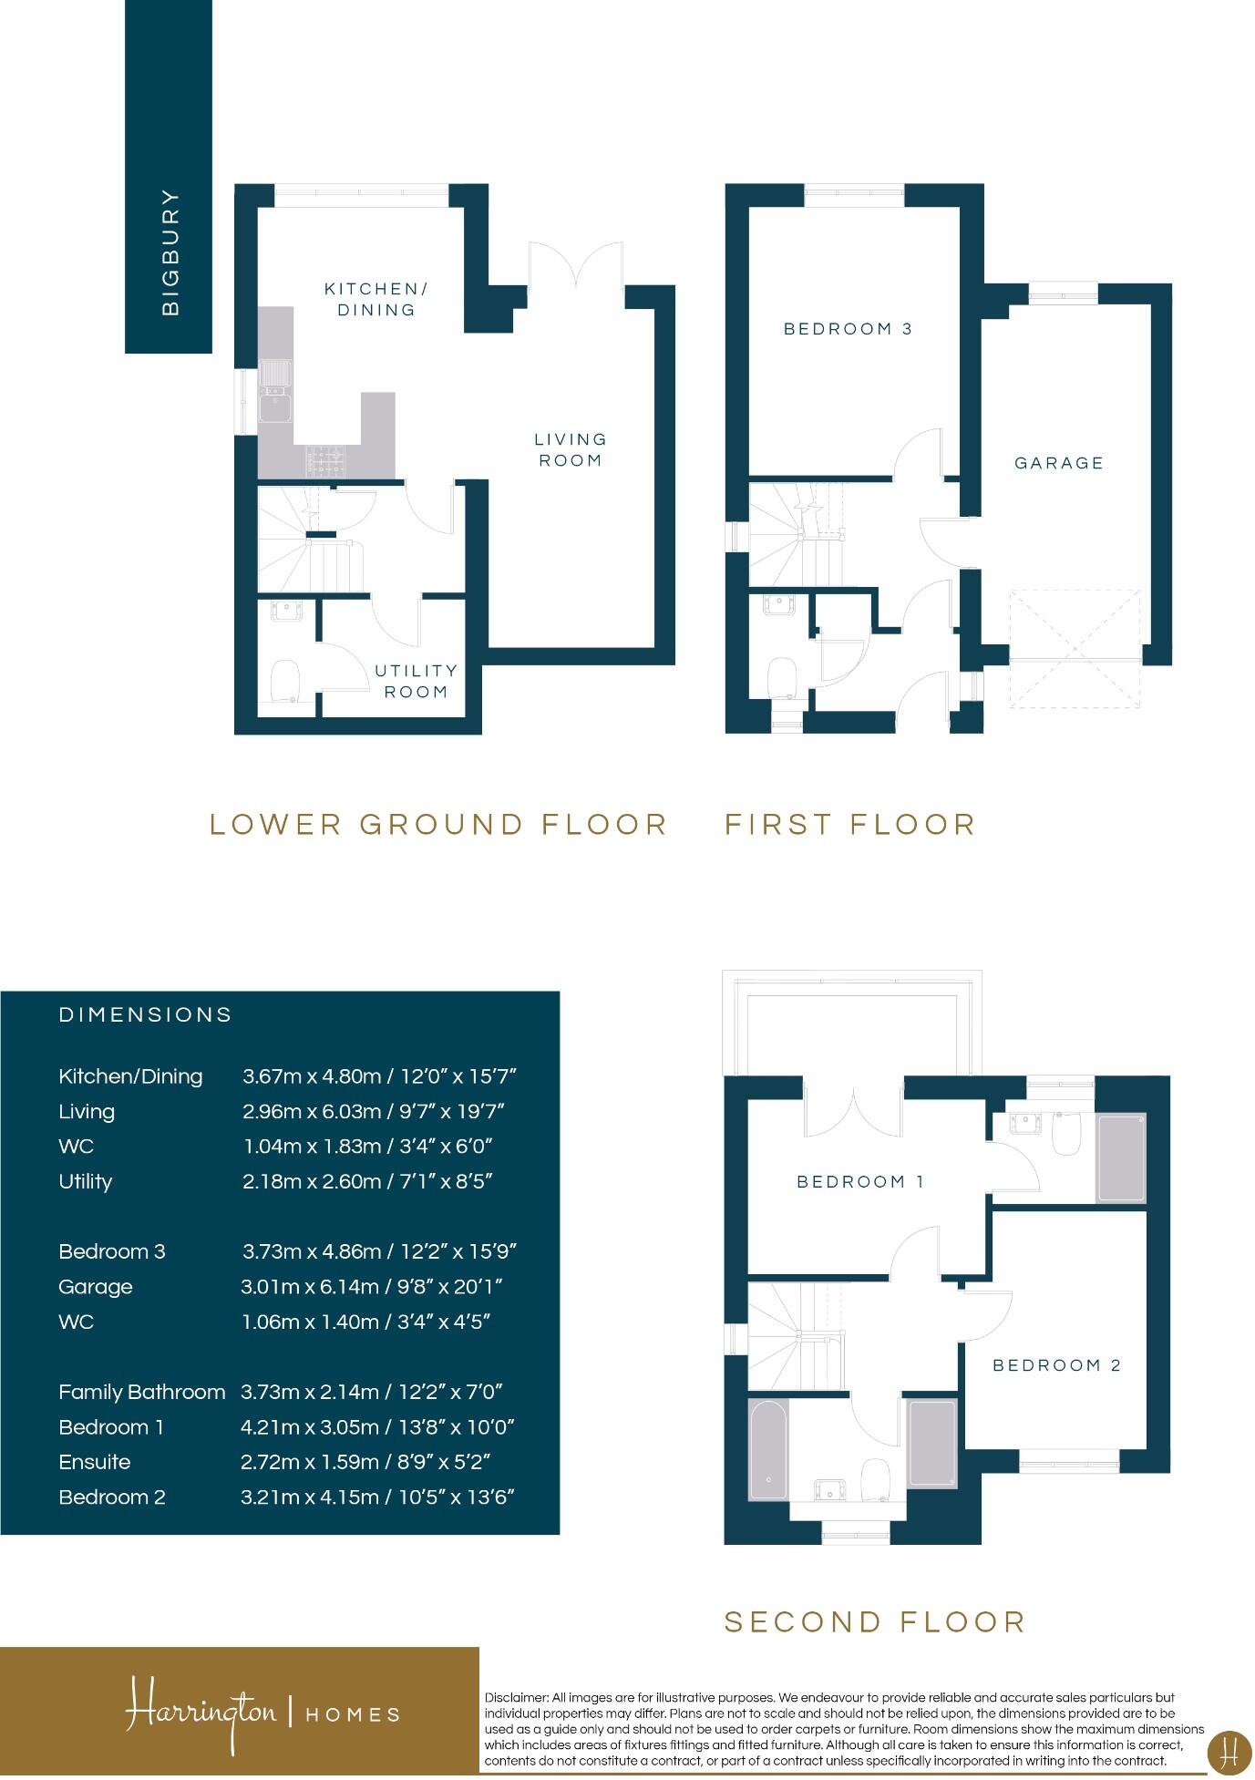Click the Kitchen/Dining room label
tap(375, 299)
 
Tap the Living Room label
tap(571, 449)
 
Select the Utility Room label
tap(417, 681)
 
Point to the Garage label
tap(1059, 463)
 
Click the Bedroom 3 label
tap(848, 329)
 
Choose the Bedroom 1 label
tap(860, 1182)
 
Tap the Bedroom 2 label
tap(1056, 1365)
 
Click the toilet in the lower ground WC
tap(285, 681)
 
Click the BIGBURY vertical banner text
tap(170, 252)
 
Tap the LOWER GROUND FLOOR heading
tap(438, 825)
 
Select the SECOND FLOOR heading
tap(875, 1622)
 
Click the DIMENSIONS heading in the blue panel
tap(146, 1015)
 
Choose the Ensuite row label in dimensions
tap(95, 1462)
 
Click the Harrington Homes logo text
tap(262, 1713)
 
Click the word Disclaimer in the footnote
tap(516, 1698)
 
